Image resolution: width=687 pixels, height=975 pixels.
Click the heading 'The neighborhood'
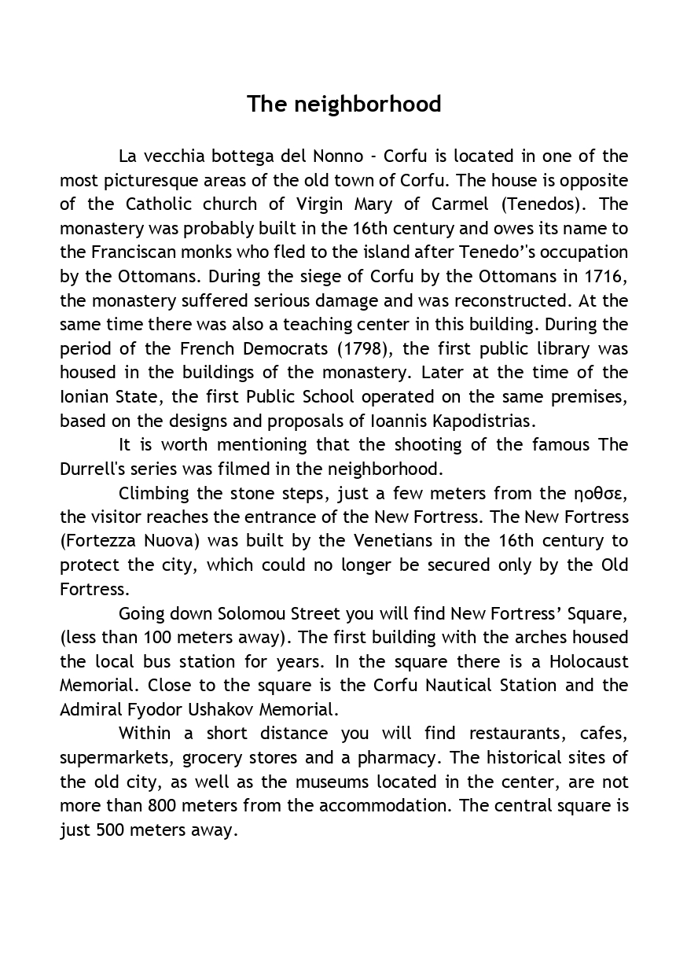[x=343, y=105]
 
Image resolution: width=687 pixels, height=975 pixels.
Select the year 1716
[x=604, y=276]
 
